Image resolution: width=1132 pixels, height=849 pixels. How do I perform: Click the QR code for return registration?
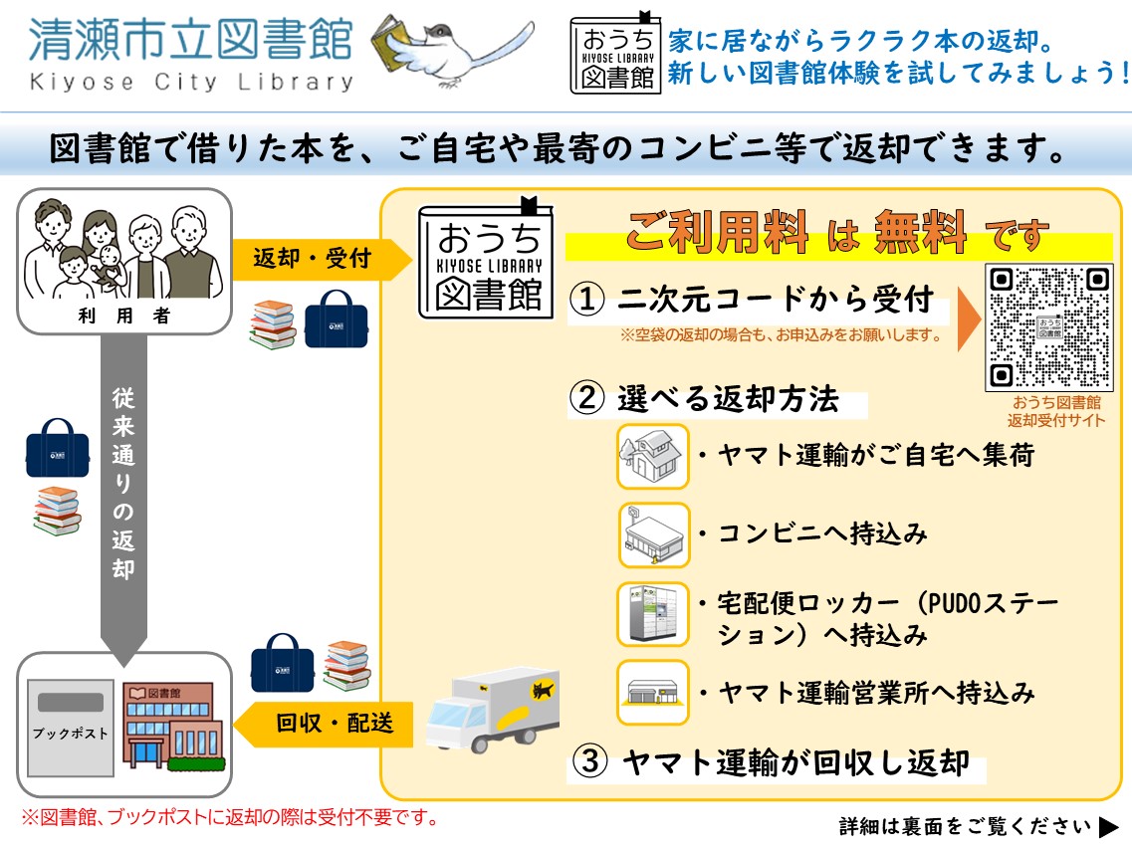click(x=1049, y=328)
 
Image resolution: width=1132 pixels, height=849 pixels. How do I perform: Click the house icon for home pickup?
click(x=652, y=456)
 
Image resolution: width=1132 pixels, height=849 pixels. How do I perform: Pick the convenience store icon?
click(x=652, y=534)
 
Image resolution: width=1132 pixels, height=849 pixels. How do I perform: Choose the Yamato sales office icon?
click(x=652, y=692)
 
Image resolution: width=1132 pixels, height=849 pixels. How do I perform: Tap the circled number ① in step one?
click(x=587, y=299)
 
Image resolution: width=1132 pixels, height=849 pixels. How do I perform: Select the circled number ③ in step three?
click(x=589, y=763)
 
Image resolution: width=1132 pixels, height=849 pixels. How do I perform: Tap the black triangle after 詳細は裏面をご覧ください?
click(x=1109, y=826)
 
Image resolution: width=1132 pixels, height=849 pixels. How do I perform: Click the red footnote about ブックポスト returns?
click(x=230, y=818)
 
